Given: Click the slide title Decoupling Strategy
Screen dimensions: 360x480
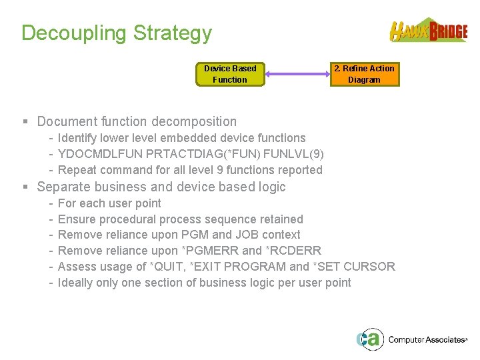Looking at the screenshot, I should (x=117, y=33).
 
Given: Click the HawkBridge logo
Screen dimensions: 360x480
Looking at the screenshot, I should (x=429, y=31).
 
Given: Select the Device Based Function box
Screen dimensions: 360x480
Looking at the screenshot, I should (x=230, y=74).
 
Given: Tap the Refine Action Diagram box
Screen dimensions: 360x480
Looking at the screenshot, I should (x=365, y=74).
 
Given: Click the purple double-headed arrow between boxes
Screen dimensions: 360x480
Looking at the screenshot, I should (x=297, y=74).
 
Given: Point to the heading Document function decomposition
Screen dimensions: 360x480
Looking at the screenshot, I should (x=137, y=121).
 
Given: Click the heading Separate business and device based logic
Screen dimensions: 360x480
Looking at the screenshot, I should (x=161, y=187).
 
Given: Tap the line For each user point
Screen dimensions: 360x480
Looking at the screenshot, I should (x=109, y=203).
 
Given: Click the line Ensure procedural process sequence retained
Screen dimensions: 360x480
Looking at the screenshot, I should (x=180, y=219).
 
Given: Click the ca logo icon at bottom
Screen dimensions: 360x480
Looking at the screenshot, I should (x=369, y=339).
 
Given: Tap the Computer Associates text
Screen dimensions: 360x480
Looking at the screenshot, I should (x=427, y=340).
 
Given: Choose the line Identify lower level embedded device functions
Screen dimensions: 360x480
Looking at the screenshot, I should (x=181, y=138).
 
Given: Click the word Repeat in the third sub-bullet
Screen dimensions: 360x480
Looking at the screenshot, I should (x=77, y=170).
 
